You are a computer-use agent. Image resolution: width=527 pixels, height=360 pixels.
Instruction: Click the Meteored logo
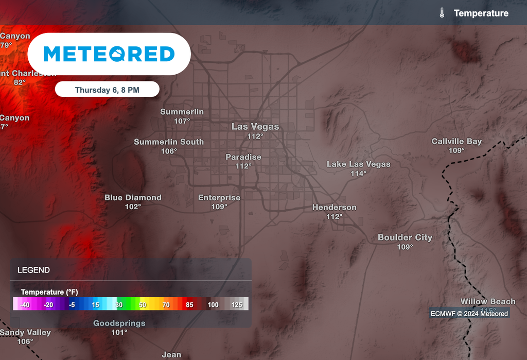pos(109,54)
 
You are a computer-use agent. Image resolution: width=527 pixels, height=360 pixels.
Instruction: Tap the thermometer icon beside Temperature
pos(442,13)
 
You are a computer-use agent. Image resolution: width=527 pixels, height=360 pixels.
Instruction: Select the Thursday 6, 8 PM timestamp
pos(107,90)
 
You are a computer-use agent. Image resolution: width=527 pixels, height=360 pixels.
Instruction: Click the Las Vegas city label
pos(255,127)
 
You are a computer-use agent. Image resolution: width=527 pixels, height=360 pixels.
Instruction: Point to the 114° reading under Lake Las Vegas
pos(358,174)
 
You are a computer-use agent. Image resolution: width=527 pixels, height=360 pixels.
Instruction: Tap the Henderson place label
pos(334,208)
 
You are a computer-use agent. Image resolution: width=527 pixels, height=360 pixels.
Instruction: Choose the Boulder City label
pos(405,237)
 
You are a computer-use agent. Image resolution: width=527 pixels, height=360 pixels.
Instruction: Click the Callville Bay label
pos(456,141)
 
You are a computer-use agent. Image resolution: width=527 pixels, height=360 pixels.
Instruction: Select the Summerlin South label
pos(169,142)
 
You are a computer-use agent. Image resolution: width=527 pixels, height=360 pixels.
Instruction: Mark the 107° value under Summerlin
pos(182,121)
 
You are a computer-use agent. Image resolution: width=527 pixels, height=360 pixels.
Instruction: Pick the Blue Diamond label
pos(133,197)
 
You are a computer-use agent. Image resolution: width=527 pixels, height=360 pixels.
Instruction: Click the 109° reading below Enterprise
pos(219,207)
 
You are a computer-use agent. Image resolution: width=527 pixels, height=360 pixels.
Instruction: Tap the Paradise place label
pos(243,157)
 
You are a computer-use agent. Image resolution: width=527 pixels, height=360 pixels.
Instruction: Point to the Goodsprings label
pos(119,323)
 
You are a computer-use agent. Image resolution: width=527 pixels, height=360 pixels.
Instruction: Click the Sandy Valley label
pos(25,333)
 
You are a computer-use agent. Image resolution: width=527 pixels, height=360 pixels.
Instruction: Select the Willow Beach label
pos(487,302)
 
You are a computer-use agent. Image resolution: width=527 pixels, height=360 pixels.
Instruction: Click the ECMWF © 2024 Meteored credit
pos(469,314)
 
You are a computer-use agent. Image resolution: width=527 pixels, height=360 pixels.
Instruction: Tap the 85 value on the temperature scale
pos(189,305)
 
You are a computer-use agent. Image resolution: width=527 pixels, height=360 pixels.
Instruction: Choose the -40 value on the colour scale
pos(24,305)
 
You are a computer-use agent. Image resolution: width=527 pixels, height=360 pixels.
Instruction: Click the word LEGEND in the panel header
pos(33,270)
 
